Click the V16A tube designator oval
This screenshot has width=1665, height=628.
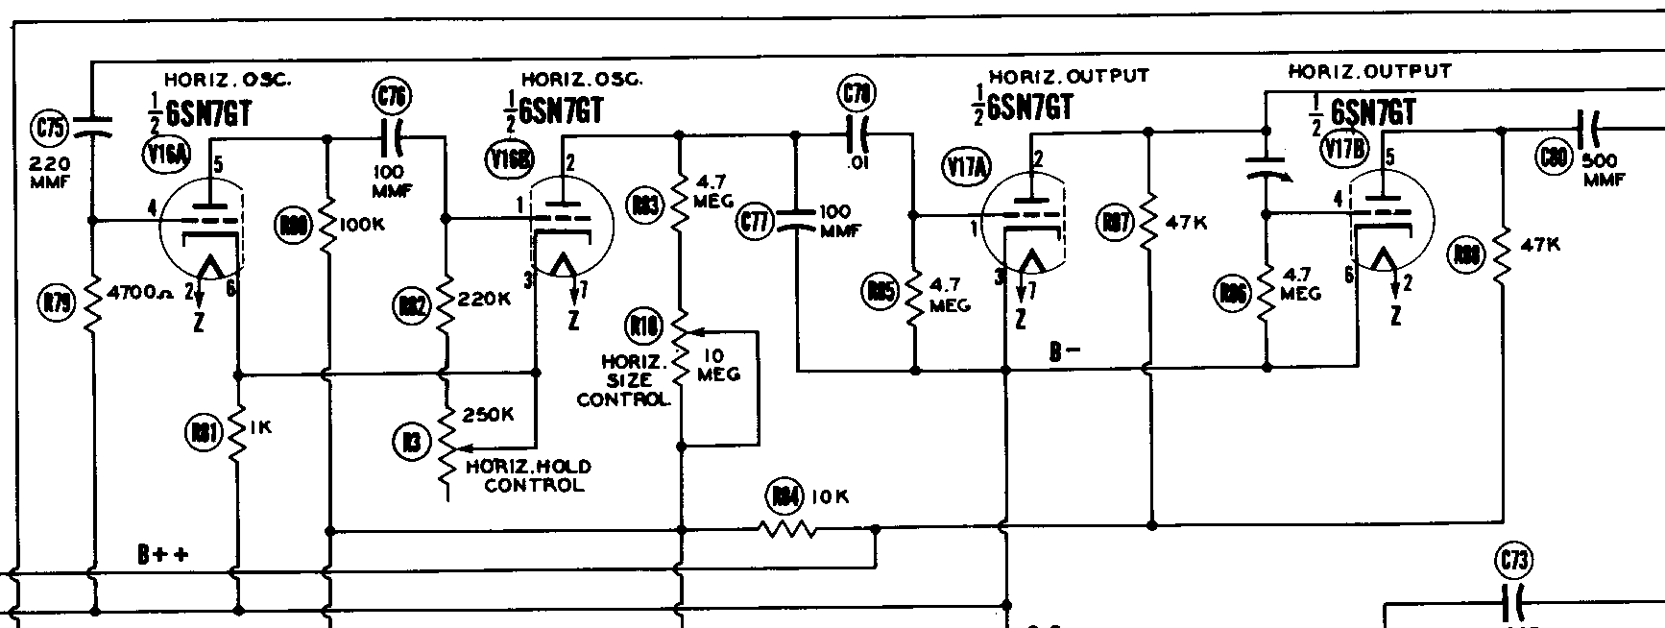pyautogui.click(x=166, y=154)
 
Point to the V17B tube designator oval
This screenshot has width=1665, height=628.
pyautogui.click(x=1342, y=148)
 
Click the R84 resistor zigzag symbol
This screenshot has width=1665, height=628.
pyautogui.click(x=787, y=528)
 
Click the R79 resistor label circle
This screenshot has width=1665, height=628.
pyautogui.click(x=57, y=303)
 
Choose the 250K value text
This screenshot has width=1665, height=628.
pyautogui.click(x=489, y=415)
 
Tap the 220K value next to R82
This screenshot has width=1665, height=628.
pyautogui.click(x=485, y=299)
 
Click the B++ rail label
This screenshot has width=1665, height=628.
pyautogui.click(x=162, y=555)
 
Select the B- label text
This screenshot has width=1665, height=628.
pyautogui.click(x=1065, y=352)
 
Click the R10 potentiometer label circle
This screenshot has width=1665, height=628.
pyautogui.click(x=642, y=326)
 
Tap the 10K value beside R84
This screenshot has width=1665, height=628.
pyautogui.click(x=830, y=496)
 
